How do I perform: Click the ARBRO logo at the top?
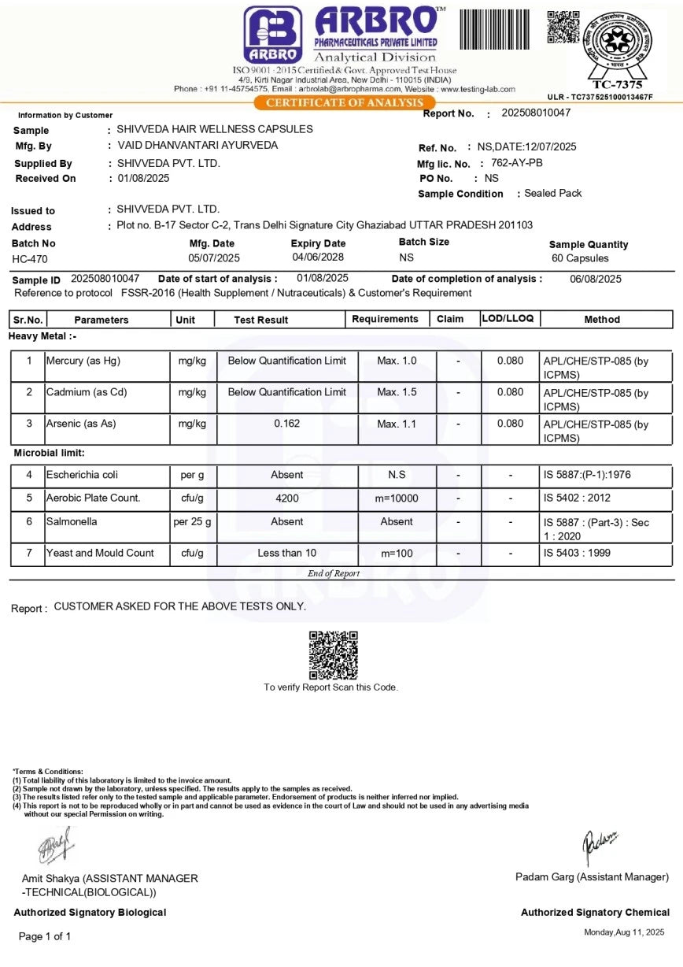272,34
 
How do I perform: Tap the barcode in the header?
495,29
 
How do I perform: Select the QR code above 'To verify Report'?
333,654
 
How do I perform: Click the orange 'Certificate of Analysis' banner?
345,102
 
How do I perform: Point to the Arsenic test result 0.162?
286,424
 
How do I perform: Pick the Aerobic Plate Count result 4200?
286,498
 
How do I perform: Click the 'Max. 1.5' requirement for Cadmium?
397,392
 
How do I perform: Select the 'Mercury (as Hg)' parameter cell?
83,361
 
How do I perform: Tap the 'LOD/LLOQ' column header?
508,319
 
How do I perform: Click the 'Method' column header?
602,320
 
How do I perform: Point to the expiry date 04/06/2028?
319,257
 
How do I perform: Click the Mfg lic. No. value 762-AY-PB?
517,163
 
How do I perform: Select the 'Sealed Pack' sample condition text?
553,193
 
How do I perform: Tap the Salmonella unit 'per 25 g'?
192,522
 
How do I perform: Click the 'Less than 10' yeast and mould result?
286,554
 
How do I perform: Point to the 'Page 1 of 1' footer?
45,936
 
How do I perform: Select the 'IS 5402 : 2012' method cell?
577,498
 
